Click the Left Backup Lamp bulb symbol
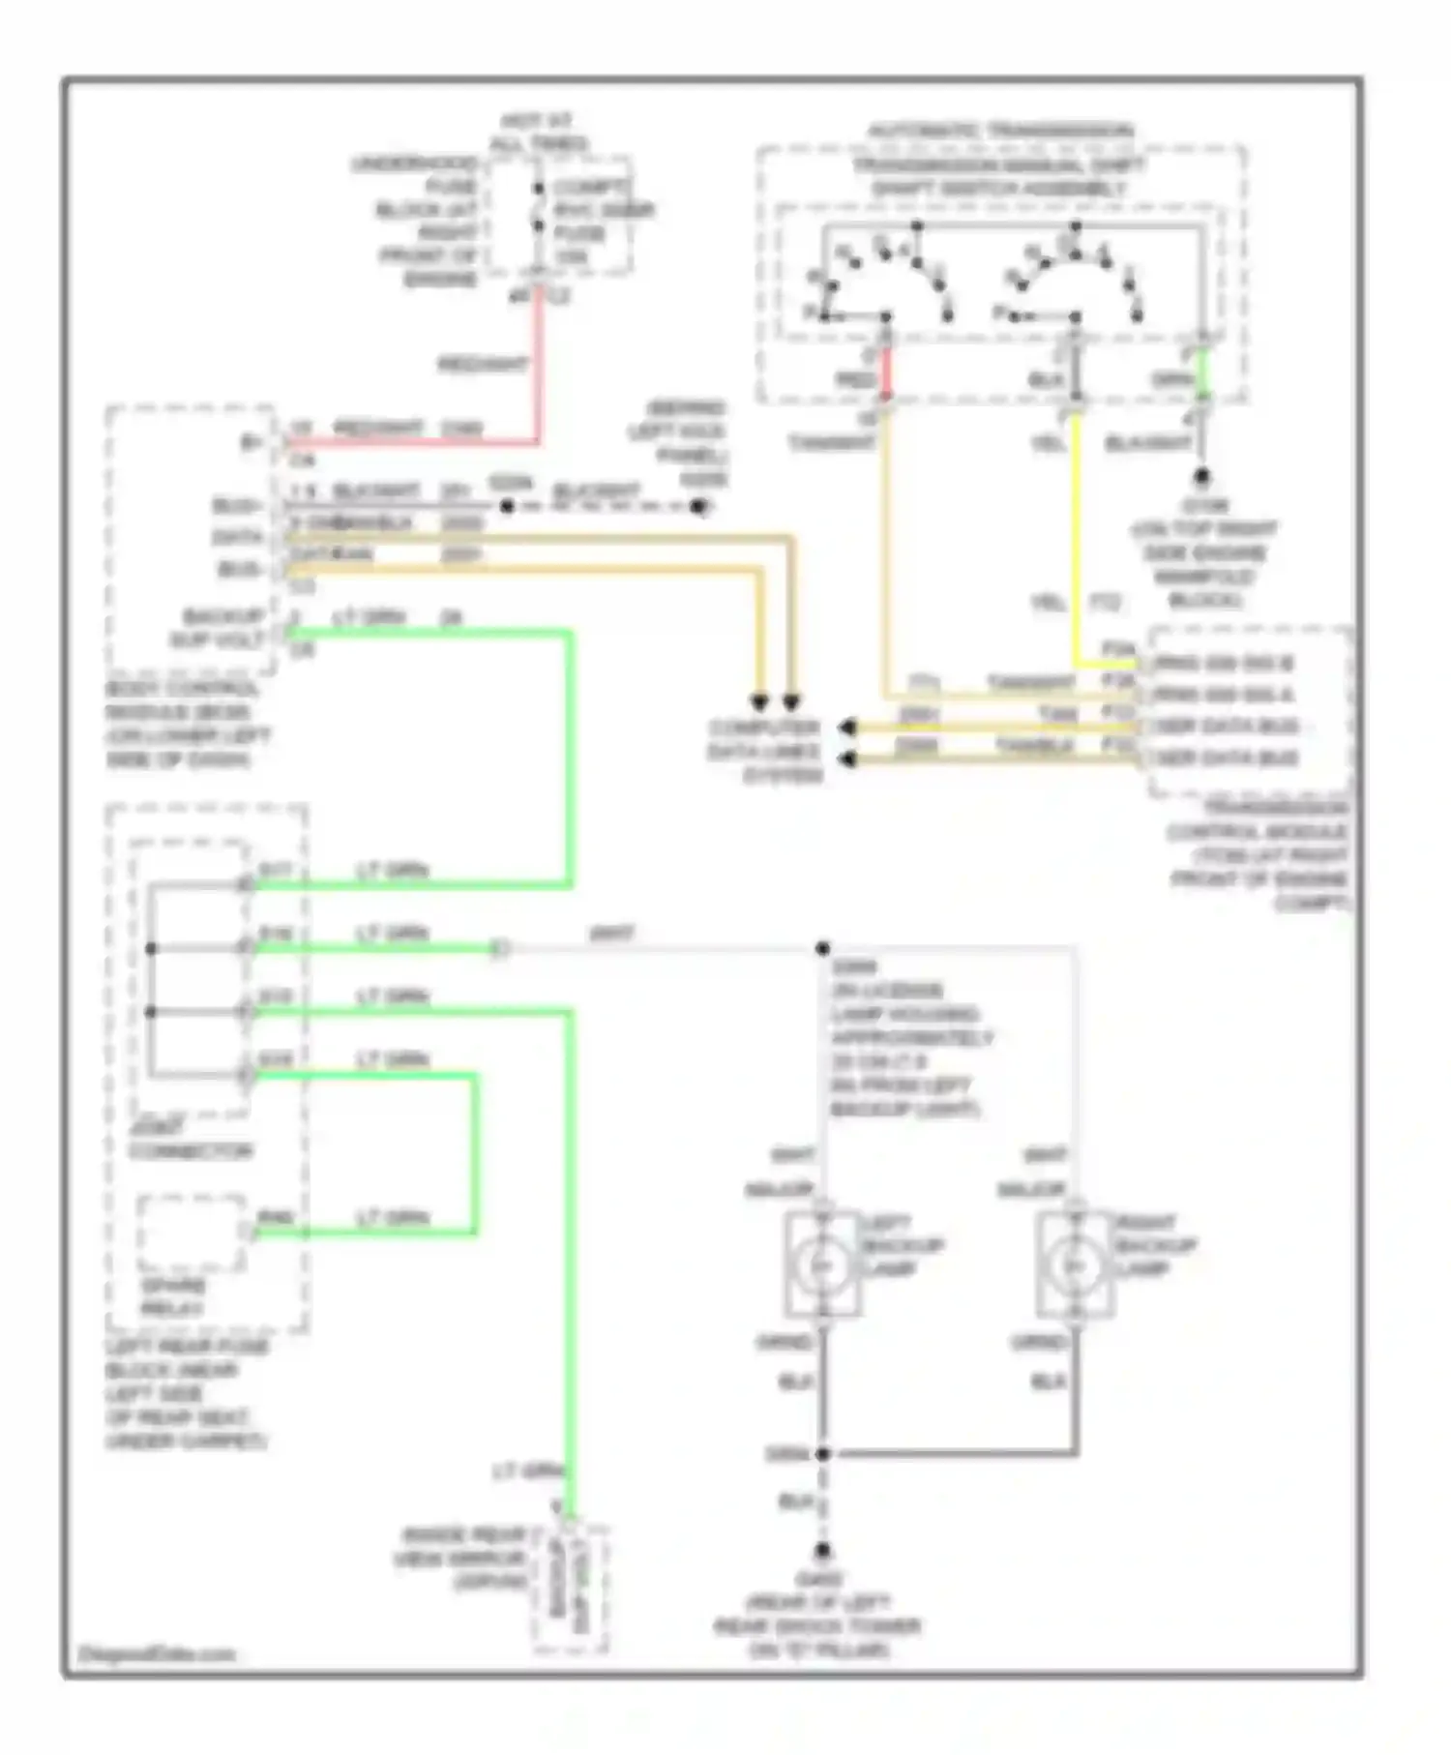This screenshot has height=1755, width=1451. click(x=822, y=1264)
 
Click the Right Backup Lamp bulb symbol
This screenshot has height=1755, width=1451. click(x=1073, y=1264)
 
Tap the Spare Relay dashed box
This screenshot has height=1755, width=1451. click(x=192, y=1234)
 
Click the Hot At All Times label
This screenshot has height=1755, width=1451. click(x=538, y=134)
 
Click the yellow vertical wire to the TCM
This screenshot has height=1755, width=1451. click(x=1075, y=542)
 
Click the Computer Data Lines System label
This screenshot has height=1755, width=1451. click(x=764, y=752)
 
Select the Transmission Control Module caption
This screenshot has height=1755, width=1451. click(x=1258, y=855)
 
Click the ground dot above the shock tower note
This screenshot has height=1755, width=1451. click(x=822, y=1551)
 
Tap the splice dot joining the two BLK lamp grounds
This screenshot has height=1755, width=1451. click(x=822, y=1453)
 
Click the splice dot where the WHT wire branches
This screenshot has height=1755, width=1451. click(x=822, y=949)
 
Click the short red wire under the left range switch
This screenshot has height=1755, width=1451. click(x=884, y=372)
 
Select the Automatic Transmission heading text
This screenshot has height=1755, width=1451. click(x=1000, y=130)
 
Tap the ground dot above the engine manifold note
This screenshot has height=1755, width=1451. click(x=1202, y=477)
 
